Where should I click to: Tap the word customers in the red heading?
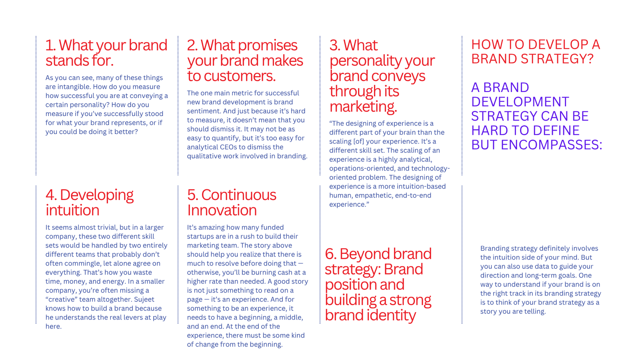click(239, 76)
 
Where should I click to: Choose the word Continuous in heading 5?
click(239, 195)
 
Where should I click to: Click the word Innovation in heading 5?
click(222, 210)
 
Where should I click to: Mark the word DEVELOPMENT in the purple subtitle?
click(520, 102)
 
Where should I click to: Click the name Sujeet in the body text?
click(144, 300)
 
